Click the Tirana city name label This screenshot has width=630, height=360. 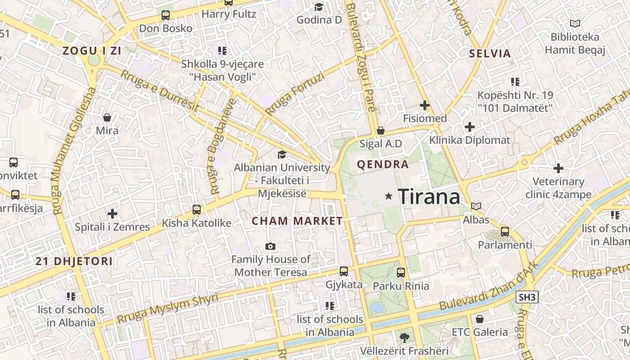tap(429, 197)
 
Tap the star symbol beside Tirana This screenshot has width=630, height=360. tap(389, 196)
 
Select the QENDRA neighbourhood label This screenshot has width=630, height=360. tap(383, 164)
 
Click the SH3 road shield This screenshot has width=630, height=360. tap(528, 297)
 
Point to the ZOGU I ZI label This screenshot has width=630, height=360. tap(92, 50)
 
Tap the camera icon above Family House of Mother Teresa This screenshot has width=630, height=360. tap(270, 246)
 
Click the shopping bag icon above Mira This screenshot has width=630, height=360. tap(107, 117)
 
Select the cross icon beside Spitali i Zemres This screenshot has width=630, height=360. tap(112, 214)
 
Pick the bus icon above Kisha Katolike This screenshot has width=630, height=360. tap(196, 210)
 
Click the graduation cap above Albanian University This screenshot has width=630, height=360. tap(282, 154)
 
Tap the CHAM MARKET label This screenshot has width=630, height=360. tap(297, 221)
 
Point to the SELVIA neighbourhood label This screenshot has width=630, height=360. tap(490, 54)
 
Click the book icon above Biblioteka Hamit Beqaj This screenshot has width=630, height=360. tap(575, 23)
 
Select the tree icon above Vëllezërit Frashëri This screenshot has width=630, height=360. tap(404, 337)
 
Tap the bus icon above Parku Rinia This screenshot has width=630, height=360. tap(401, 272)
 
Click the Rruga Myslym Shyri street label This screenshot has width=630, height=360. tap(167, 308)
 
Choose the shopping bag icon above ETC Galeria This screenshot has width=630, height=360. tap(480, 319)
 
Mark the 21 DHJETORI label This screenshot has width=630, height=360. tap(74, 261)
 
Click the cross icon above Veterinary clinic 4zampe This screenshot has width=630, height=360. tap(558, 169)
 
